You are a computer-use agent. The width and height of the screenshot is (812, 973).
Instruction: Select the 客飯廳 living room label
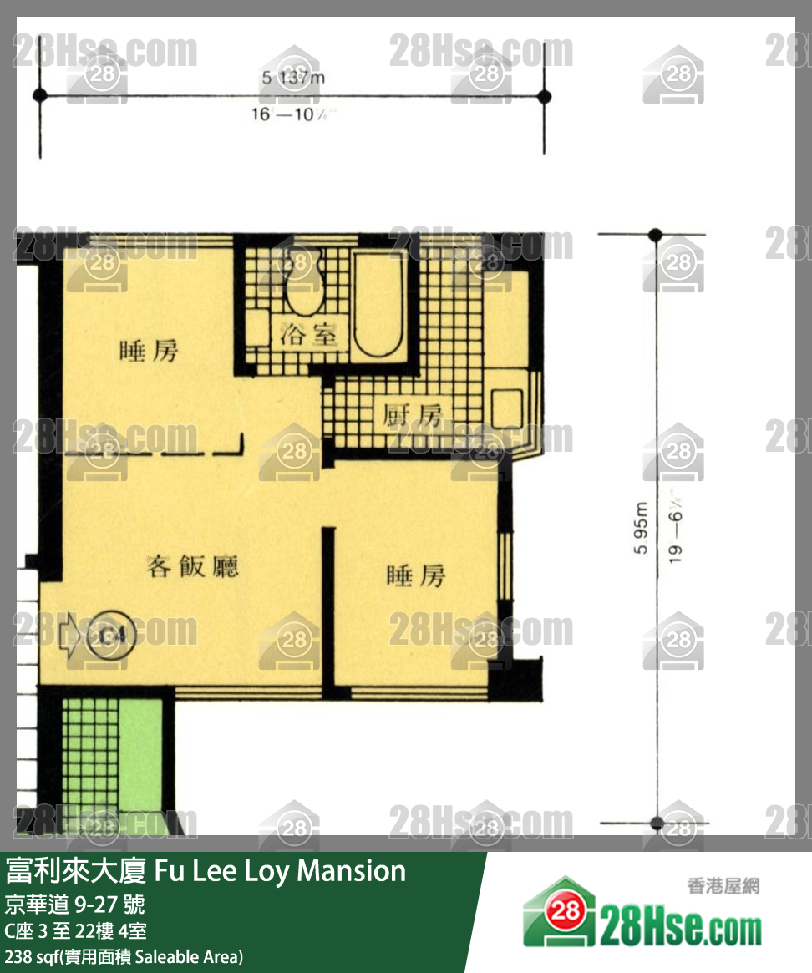point(193,566)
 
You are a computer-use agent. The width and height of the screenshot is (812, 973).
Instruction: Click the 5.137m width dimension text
point(292,79)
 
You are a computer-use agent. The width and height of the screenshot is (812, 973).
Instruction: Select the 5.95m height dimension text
point(641,527)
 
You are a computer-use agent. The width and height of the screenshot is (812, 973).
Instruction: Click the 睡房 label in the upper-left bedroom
point(150,352)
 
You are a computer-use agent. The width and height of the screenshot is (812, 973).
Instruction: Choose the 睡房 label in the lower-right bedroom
point(415,575)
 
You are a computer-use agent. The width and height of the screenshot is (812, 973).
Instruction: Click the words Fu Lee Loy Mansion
point(281,871)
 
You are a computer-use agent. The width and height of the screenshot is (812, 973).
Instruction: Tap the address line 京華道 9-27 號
point(74,904)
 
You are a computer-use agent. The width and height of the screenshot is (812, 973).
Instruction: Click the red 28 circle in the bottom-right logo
point(566,911)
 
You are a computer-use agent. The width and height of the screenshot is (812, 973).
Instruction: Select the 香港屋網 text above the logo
point(723,886)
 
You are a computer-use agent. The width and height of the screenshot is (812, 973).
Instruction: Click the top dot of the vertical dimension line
point(656,235)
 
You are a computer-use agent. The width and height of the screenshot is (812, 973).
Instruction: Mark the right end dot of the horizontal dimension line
point(545,96)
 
